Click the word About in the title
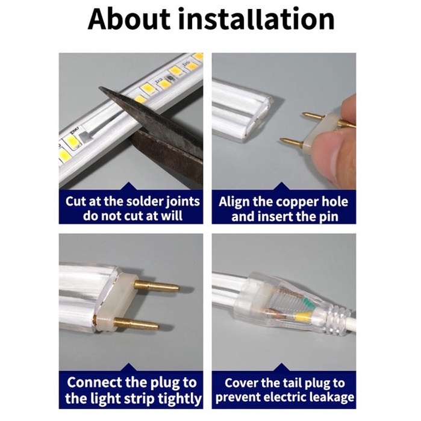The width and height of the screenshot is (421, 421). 129,19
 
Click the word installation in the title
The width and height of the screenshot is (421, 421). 257,19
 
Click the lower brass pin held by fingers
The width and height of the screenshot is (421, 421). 292,143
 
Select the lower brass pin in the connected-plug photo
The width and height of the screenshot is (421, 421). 136,323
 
